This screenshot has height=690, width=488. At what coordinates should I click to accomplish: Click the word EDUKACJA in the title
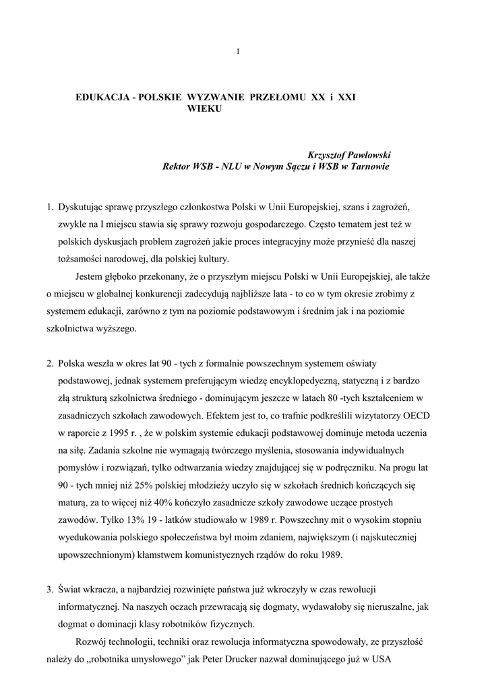pyautogui.click(x=102, y=98)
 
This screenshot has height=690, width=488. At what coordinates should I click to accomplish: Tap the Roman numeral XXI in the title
pyautogui.click(x=345, y=98)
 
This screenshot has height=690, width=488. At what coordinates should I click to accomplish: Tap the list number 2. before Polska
pyautogui.click(x=50, y=363)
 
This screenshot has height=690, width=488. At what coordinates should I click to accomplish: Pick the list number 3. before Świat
pyautogui.click(x=50, y=590)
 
